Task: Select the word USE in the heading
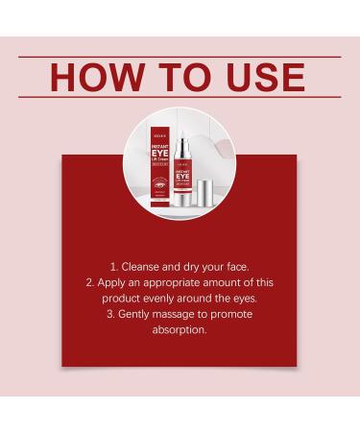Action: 259,76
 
